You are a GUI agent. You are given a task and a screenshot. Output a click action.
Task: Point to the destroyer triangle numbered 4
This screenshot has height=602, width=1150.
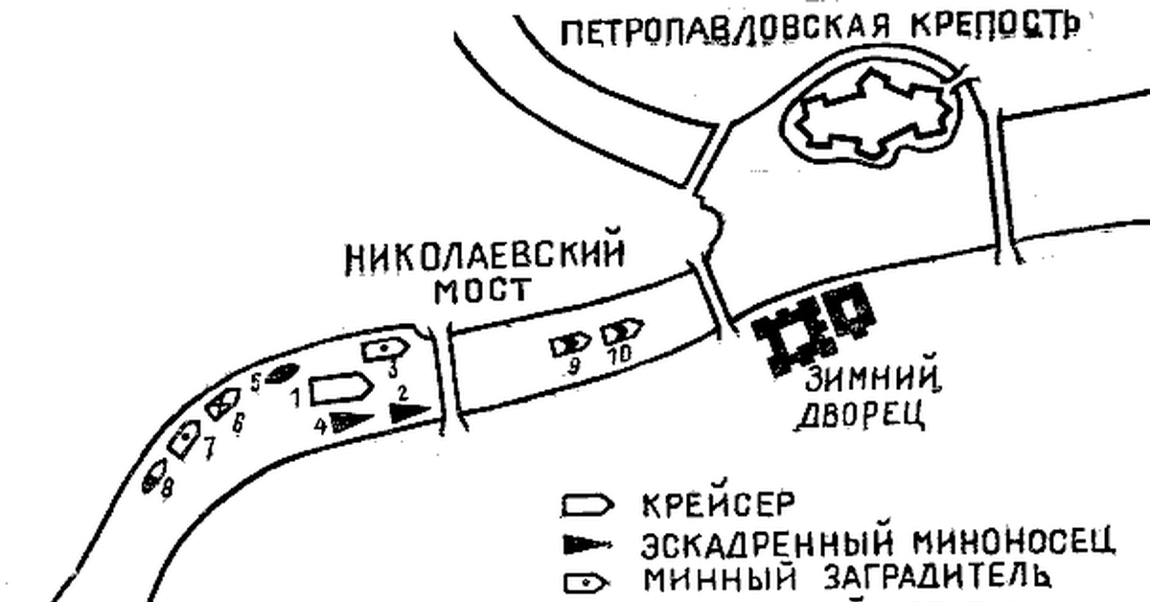pos(350,420)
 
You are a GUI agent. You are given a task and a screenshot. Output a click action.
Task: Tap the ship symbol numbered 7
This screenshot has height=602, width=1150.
pos(185,436)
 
